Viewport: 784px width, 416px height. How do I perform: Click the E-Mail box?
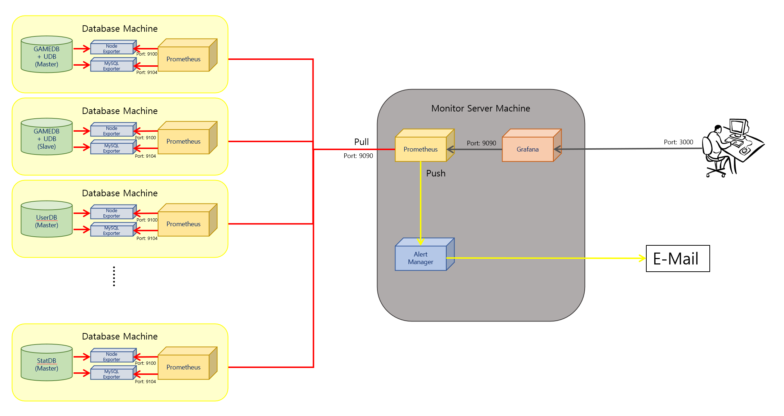coord(677,258)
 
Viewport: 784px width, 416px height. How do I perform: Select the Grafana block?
coord(528,149)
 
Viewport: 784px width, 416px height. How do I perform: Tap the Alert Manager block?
coord(421,258)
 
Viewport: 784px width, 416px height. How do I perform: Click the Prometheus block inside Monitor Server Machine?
coord(421,149)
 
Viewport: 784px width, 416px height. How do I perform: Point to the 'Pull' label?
coord(361,142)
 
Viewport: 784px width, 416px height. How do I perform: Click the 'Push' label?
coord(436,173)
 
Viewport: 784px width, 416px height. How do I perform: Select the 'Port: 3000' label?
coord(678,142)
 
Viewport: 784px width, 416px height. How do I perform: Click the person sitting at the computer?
coord(732,148)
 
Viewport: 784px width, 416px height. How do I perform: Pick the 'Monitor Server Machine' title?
coord(480,108)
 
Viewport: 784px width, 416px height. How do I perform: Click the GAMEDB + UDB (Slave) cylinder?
coord(46,139)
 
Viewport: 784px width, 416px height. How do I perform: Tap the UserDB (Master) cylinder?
coord(46,221)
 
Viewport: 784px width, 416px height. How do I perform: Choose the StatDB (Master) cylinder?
coord(46,364)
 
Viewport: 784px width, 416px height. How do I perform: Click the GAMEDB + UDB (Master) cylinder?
coord(46,56)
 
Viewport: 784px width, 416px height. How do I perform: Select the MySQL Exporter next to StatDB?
coord(112,374)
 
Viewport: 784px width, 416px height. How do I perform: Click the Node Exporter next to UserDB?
coord(112,213)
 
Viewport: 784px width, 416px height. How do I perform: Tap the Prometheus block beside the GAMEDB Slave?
coord(184,141)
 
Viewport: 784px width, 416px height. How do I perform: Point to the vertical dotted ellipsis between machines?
coord(114,276)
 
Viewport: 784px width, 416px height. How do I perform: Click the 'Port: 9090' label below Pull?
coord(358,156)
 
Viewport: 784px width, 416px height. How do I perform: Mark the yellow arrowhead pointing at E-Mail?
coord(642,258)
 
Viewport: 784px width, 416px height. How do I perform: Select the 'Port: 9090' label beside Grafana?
coord(481,143)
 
